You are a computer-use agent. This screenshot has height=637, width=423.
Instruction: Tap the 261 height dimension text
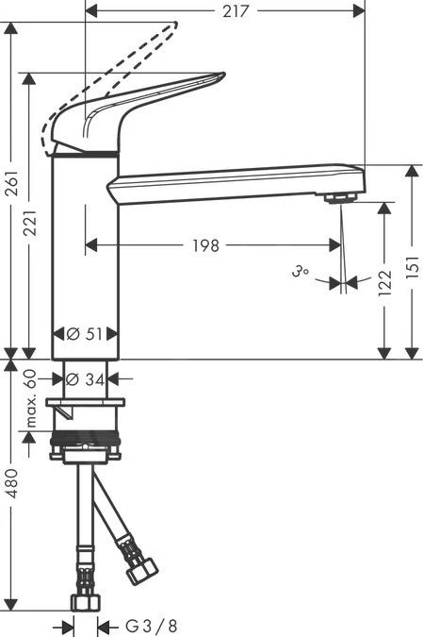(x=11, y=187)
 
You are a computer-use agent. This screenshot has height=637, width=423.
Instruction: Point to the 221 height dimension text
(x=34, y=222)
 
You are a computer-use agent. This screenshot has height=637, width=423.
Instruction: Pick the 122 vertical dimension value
(x=383, y=282)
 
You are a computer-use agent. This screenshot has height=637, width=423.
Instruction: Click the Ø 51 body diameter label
(x=86, y=333)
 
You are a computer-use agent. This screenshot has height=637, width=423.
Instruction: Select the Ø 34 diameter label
(x=86, y=379)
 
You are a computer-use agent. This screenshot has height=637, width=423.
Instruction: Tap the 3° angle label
(x=301, y=273)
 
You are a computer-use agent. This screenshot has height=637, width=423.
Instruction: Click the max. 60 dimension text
(x=31, y=398)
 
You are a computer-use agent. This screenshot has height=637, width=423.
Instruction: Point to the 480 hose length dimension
(x=11, y=482)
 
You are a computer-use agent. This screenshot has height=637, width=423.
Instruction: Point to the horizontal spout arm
(x=236, y=179)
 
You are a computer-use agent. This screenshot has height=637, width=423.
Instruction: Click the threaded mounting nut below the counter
(x=86, y=439)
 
